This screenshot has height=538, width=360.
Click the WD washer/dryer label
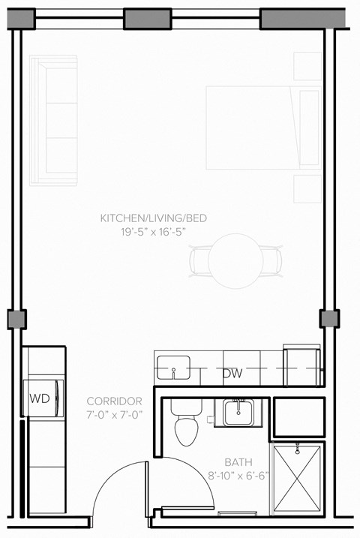(x=40, y=398)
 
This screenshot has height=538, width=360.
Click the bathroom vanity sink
(x=239, y=412)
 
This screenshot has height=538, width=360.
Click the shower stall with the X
(x=298, y=479)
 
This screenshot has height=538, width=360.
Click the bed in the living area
(x=262, y=127)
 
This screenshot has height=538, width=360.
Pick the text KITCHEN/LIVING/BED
(x=154, y=218)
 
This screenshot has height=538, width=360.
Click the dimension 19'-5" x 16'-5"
(x=154, y=232)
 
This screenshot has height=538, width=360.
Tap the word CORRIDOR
(x=114, y=401)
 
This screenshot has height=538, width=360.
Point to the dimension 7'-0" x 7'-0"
(x=114, y=414)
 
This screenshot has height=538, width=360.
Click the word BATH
(x=238, y=462)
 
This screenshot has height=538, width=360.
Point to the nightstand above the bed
(x=307, y=67)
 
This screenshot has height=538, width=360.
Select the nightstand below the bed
(x=307, y=188)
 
